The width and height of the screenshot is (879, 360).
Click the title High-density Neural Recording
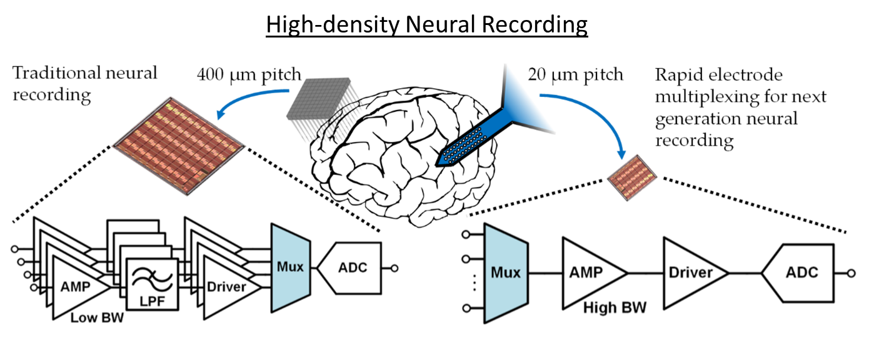[x=427, y=25]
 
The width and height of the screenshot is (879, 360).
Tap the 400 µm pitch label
[x=249, y=75]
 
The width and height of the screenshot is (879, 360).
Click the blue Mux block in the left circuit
[x=290, y=267]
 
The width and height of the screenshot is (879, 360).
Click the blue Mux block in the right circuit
[x=505, y=273]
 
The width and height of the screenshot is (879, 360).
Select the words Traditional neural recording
[x=85, y=83]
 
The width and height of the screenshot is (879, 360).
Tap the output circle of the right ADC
[x=851, y=273]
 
